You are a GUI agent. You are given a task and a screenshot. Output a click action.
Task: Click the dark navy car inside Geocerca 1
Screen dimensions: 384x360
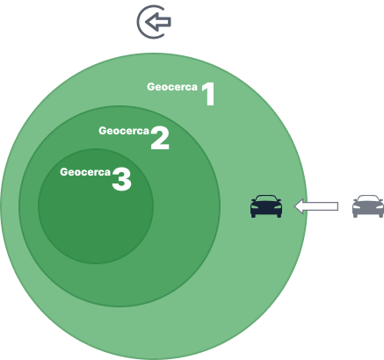point(266,206)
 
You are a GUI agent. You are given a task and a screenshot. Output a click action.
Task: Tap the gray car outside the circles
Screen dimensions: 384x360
point(368,206)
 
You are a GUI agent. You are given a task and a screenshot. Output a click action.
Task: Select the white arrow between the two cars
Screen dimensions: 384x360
point(316,206)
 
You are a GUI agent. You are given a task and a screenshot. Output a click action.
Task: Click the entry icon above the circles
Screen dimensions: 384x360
point(154,22)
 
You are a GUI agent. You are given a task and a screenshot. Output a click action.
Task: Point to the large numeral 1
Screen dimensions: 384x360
point(209,94)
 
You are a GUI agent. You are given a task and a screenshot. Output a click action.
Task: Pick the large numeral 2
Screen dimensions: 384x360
point(160,138)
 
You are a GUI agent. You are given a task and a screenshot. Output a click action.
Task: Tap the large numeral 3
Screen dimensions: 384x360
point(121,179)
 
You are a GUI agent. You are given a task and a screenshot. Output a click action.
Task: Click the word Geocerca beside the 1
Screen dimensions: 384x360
point(172,87)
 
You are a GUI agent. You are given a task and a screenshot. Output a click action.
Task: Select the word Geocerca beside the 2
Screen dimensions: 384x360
point(124,131)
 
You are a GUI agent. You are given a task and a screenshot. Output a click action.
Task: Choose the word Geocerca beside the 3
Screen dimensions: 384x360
point(85,172)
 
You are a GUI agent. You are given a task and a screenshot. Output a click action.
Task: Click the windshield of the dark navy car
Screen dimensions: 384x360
point(266,199)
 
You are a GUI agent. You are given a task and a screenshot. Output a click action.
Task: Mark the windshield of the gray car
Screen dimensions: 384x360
point(368,199)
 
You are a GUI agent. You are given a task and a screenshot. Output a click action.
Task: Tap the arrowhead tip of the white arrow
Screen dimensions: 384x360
point(294,206)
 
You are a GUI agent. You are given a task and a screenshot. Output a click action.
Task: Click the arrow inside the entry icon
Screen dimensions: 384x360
point(158,22)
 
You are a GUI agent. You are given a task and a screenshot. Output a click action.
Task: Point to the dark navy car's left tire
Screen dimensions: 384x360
point(254,215)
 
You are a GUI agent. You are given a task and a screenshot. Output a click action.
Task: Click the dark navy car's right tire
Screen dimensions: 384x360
point(279,215)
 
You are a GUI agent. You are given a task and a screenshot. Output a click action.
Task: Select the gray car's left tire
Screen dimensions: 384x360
point(355,215)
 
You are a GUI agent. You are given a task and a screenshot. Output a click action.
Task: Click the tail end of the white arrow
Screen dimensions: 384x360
point(338,206)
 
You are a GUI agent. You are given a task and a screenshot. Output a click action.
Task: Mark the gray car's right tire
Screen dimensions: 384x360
point(380,215)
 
